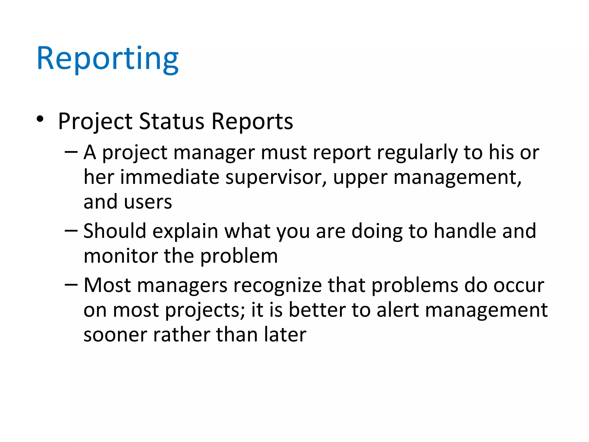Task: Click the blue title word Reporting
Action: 108,59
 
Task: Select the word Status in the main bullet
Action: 172,121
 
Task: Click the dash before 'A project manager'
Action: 71,151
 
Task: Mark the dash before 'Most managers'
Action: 71,284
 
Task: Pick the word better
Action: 317,310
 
